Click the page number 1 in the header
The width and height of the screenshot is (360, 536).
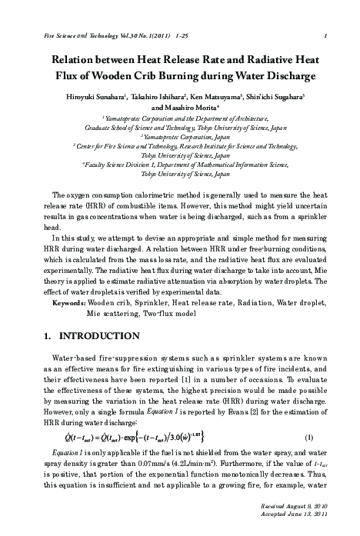pyautogui.click(x=327, y=35)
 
